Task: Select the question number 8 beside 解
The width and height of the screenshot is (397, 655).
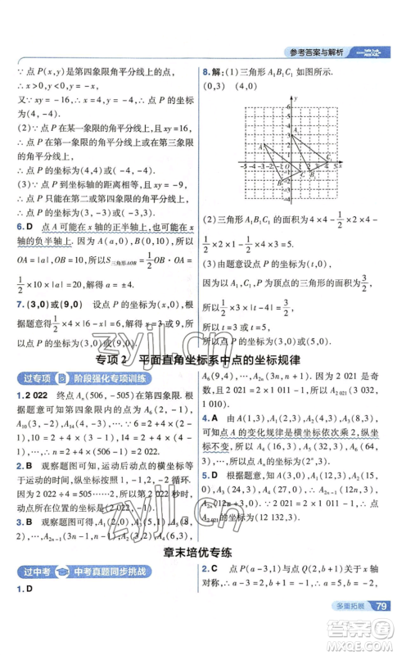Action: pos(205,70)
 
